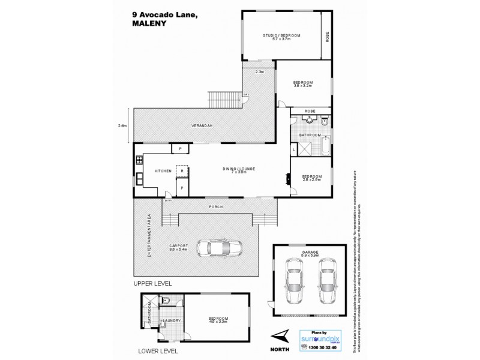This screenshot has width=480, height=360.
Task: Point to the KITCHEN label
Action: click(163, 172)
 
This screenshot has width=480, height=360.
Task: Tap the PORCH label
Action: click(216, 207)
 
